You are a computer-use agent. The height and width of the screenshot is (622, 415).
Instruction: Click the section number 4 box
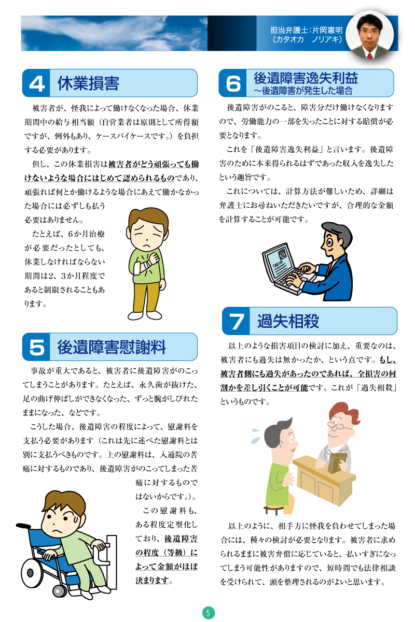pyautogui.click(x=36, y=83)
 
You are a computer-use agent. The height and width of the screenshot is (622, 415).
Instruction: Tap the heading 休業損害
pyautogui.click(x=89, y=83)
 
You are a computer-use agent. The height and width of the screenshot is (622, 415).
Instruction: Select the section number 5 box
pyautogui.click(x=36, y=347)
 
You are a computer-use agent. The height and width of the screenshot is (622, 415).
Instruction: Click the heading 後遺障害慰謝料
pyautogui.click(x=112, y=347)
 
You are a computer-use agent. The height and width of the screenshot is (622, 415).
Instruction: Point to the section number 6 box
pyautogui.click(x=233, y=83)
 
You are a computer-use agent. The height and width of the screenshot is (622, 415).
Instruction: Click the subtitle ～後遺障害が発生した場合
pyautogui.click(x=303, y=91)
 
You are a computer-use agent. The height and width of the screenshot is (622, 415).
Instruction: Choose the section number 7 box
pyautogui.click(x=236, y=321)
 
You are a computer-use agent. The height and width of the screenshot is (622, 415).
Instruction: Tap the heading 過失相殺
pyautogui.click(x=288, y=321)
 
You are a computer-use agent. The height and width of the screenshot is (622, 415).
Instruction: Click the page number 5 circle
pyautogui.click(x=209, y=613)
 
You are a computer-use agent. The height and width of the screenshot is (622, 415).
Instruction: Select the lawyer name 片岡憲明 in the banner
pyautogui.click(x=327, y=30)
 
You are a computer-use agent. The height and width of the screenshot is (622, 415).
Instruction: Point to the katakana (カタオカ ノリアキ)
pyautogui.click(x=307, y=39)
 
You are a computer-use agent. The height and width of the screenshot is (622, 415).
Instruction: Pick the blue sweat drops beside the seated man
pyautogui.click(x=256, y=436)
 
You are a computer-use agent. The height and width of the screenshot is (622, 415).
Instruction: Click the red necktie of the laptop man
pyautogui.click(x=329, y=268)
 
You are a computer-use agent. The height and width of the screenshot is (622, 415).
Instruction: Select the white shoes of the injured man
pyautogui.click(x=145, y=315)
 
